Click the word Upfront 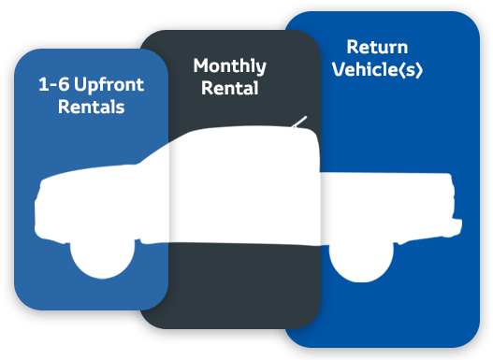109,85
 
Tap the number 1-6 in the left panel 53,84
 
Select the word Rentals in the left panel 91,107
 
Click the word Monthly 230,66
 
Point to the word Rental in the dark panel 230,88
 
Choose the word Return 377,47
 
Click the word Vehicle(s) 377,69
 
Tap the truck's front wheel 103,258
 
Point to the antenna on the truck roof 299,122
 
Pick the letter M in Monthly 201,65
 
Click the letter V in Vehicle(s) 340,69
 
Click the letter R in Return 352,47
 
